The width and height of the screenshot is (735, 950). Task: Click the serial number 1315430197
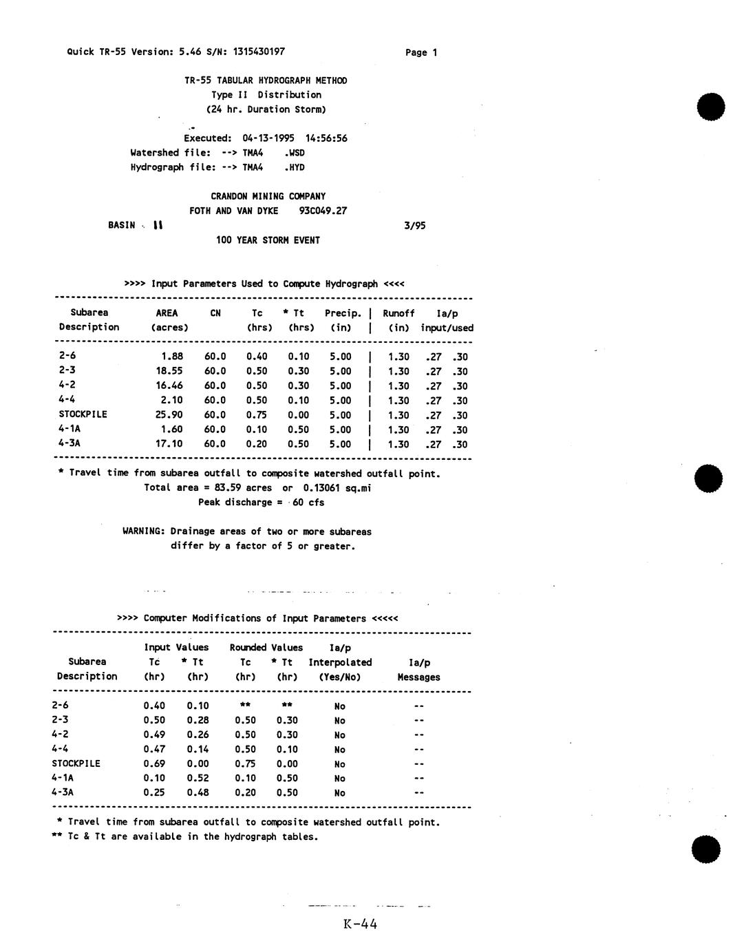pos(259,52)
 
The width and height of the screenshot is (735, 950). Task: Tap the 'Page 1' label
pos(421,53)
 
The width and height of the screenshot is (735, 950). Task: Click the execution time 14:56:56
pos(326,138)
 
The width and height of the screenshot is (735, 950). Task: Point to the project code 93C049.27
pos(323,211)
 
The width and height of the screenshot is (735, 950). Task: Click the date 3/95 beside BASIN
pos(414,226)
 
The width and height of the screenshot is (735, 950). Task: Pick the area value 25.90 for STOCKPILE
pos(169,415)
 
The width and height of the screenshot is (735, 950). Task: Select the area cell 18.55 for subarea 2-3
pos(169,371)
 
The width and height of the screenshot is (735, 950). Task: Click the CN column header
pos(215,313)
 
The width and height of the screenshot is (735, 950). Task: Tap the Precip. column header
pos(343,313)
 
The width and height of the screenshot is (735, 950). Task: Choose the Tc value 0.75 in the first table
pos(257,415)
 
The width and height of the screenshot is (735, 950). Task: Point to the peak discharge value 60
pos(298,503)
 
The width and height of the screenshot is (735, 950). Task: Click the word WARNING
pos(143,531)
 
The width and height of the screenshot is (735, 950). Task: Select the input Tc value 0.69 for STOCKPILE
pos(154,763)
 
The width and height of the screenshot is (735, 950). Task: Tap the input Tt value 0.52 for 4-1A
pos(198,778)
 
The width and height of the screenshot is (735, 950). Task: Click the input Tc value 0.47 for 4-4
pos(154,749)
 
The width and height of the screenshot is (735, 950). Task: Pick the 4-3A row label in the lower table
pos(63,792)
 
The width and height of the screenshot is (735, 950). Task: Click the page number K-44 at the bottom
pos(360,925)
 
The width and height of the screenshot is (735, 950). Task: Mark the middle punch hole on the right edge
pos(708,478)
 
